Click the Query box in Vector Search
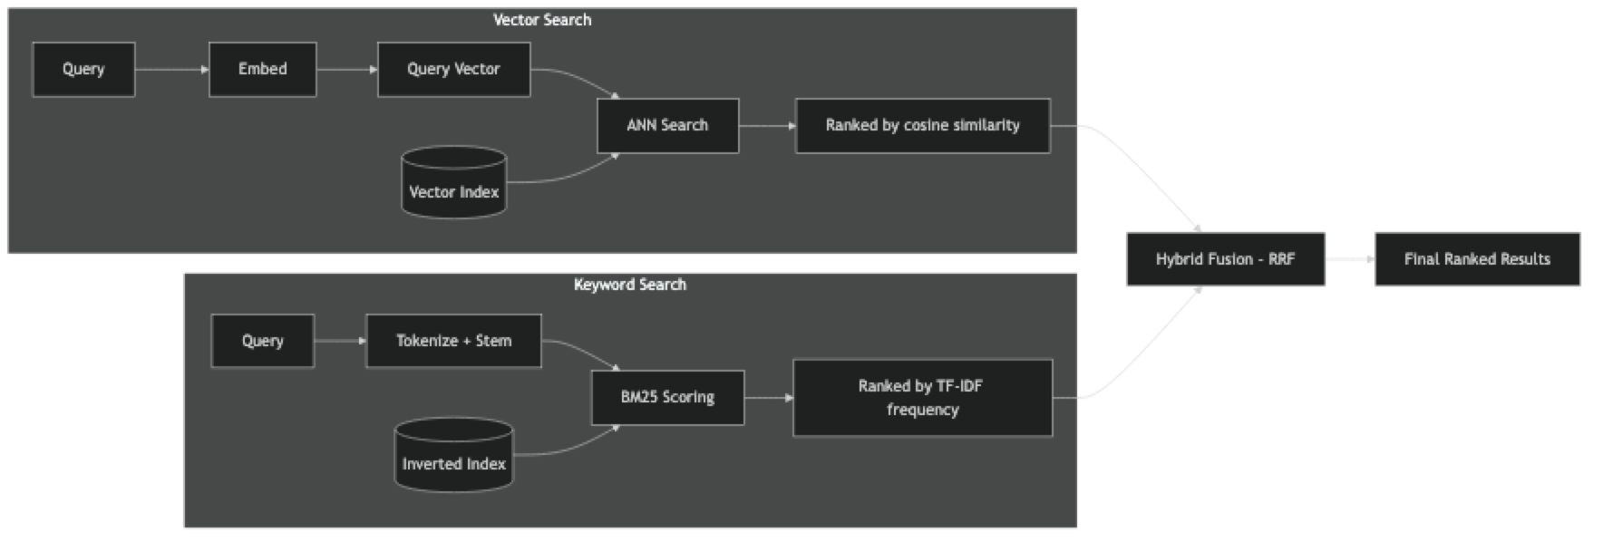[x=83, y=70]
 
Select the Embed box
[x=262, y=70]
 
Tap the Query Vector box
[x=453, y=70]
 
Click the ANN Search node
[x=667, y=126]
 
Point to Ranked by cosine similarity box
[x=922, y=126]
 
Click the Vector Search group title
[x=542, y=20]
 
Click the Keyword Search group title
[x=630, y=285]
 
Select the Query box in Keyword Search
[x=262, y=341]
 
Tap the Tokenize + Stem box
[x=453, y=341]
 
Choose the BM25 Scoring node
[x=667, y=397]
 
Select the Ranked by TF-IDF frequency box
[x=922, y=398]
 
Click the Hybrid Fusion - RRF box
[x=1226, y=259]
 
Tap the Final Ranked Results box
[x=1477, y=259]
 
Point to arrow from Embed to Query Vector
[x=346, y=69]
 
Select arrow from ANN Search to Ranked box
[x=766, y=126]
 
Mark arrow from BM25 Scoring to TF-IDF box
[x=768, y=397]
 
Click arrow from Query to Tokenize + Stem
[x=339, y=341]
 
